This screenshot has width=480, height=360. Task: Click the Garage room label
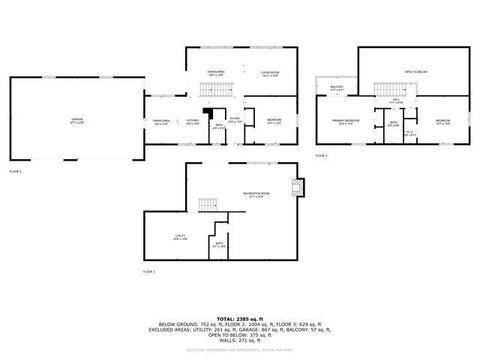tap(76, 120)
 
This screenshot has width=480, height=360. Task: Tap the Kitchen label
tap(193, 120)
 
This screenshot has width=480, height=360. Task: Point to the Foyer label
tap(234, 120)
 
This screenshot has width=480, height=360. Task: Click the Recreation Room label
tap(258, 193)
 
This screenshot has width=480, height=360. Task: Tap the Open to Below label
tap(416, 72)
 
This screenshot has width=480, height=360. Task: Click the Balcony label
tap(337, 88)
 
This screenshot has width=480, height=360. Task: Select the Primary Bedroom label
tap(346, 121)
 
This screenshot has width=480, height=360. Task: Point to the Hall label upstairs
tap(396, 101)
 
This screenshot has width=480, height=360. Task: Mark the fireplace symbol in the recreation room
tap(297, 188)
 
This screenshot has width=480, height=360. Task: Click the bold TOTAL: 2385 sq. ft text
tap(239, 316)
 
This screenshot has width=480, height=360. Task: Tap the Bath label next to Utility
tap(219, 244)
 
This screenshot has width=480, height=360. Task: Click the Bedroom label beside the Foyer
tap(274, 120)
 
